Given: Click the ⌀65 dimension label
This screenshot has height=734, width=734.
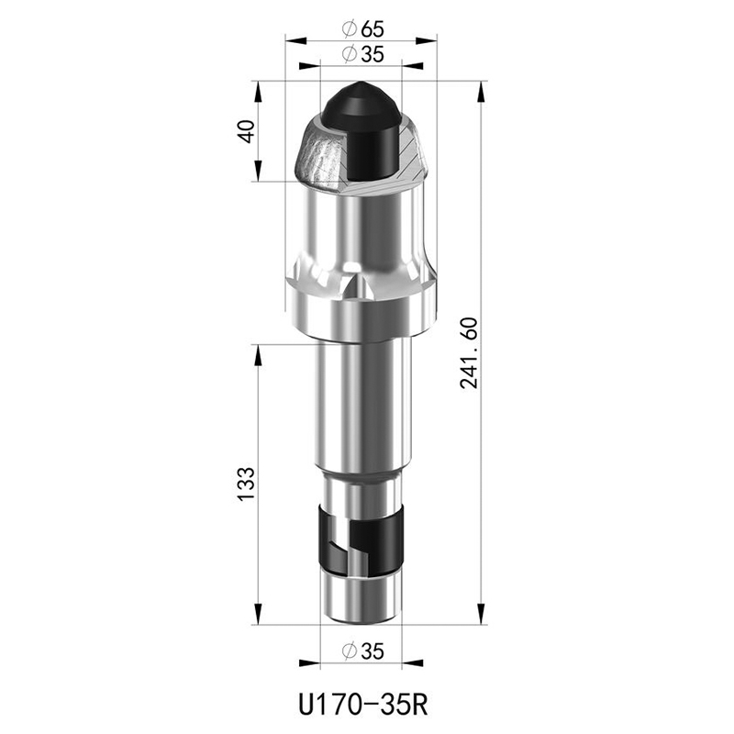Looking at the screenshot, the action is pyautogui.click(x=362, y=29).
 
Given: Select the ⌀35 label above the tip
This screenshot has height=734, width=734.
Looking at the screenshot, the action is pyautogui.click(x=362, y=54).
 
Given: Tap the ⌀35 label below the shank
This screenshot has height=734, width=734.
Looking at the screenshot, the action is pyautogui.click(x=362, y=651).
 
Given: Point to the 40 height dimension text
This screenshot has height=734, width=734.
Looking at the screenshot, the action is pyautogui.click(x=247, y=131).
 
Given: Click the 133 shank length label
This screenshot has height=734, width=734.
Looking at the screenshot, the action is pyautogui.click(x=247, y=484).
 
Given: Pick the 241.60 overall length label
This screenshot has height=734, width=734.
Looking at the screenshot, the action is pyautogui.click(x=469, y=353).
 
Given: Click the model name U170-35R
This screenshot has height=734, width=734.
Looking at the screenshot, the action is pyautogui.click(x=363, y=705).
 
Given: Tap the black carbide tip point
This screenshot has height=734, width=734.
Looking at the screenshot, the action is pyautogui.click(x=361, y=85).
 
